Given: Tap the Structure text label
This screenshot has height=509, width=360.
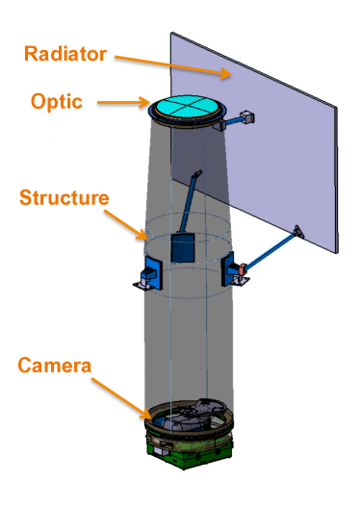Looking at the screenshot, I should (64, 198).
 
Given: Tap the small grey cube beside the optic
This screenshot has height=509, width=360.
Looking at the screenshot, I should (247, 117).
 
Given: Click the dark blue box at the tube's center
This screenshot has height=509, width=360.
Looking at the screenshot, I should (182, 248).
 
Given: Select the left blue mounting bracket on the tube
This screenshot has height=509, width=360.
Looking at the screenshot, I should (151, 272).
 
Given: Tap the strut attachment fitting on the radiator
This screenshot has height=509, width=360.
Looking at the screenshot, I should (297, 230).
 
